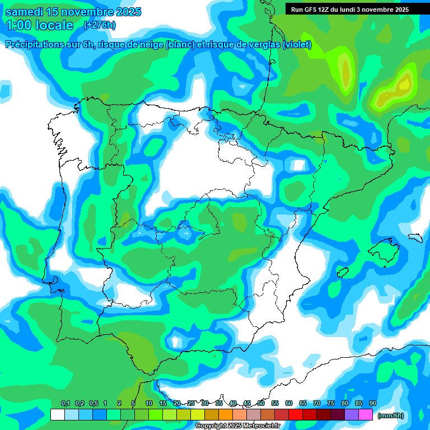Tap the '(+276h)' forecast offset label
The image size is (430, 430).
pos(100,25)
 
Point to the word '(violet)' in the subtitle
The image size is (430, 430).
pos(297,45)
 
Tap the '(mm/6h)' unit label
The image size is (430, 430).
pos(391,415)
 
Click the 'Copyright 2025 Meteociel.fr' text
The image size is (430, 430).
pos(238,426)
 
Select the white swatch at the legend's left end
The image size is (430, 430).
pos(57,415)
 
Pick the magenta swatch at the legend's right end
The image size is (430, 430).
pos(366,415)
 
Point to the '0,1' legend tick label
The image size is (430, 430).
pos(66,404)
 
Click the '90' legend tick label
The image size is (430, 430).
pos(373,404)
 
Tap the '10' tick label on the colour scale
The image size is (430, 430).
pos(149,404)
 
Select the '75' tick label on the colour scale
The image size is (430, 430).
pos(331,404)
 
